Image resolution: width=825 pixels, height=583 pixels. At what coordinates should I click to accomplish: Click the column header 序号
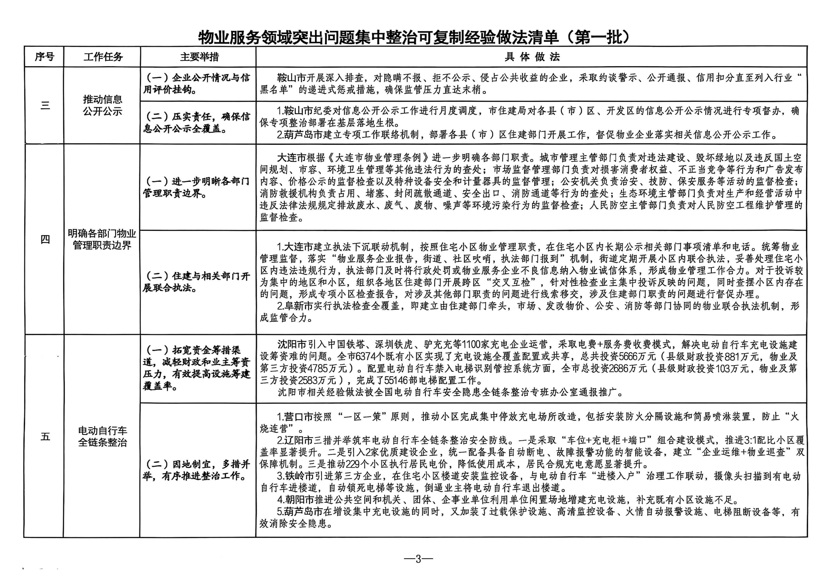44,57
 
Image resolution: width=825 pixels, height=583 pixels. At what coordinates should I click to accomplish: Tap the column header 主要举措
199,57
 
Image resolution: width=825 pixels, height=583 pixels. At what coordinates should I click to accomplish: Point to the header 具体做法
532,57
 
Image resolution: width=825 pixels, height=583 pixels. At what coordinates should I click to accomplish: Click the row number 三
45,105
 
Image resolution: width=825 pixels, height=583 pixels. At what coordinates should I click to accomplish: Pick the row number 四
45,239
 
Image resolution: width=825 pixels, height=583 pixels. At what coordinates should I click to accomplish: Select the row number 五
45,436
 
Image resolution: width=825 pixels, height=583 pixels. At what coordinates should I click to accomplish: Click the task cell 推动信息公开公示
102,105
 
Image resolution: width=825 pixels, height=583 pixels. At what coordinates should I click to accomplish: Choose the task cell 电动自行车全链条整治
102,436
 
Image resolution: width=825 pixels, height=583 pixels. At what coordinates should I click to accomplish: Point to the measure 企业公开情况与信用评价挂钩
197,84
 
